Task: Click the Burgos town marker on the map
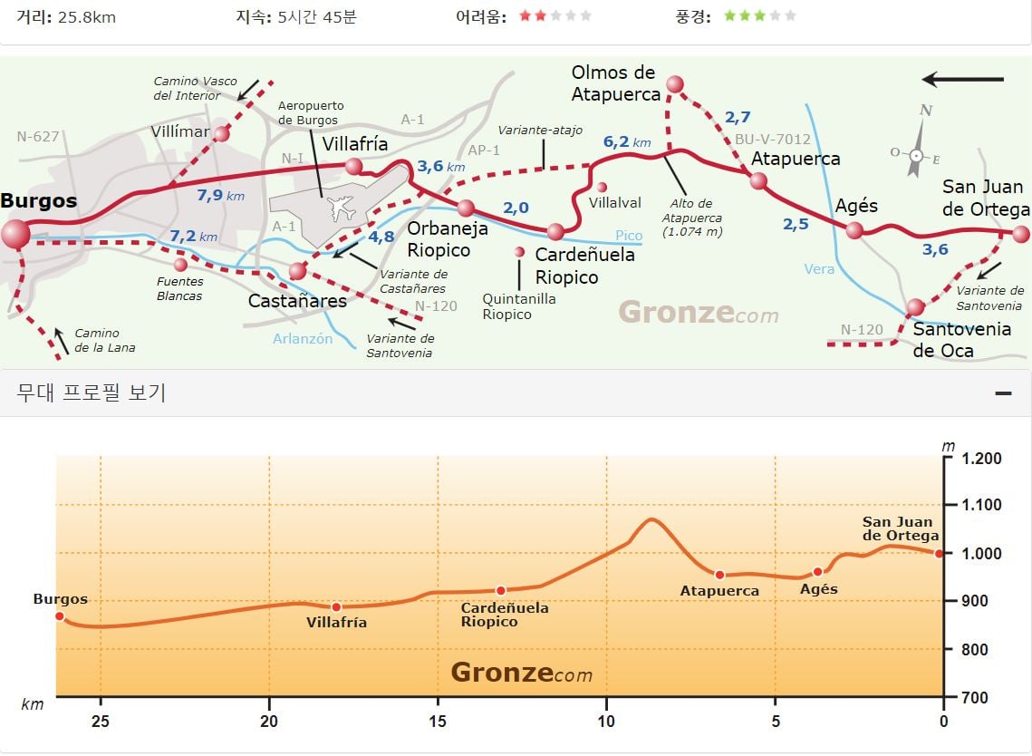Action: click(15, 234)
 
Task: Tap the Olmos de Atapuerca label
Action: click(614, 83)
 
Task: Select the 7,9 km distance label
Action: click(220, 195)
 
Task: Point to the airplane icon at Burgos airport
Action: click(342, 208)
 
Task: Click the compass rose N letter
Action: click(925, 110)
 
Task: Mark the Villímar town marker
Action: click(222, 133)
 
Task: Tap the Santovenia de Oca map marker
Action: click(915, 307)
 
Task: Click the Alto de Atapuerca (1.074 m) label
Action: click(691, 218)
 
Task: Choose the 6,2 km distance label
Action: click(627, 141)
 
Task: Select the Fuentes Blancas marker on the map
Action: click(181, 265)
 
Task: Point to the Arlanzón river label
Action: click(302, 338)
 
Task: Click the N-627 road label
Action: click(37, 136)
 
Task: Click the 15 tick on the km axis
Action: click(438, 721)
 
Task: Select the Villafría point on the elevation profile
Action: click(336, 606)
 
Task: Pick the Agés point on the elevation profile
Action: click(817, 572)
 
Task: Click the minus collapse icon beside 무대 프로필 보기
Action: click(1003, 393)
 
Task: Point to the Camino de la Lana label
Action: click(104, 340)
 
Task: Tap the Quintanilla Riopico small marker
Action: click(519, 252)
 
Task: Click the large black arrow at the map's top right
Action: click(962, 80)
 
